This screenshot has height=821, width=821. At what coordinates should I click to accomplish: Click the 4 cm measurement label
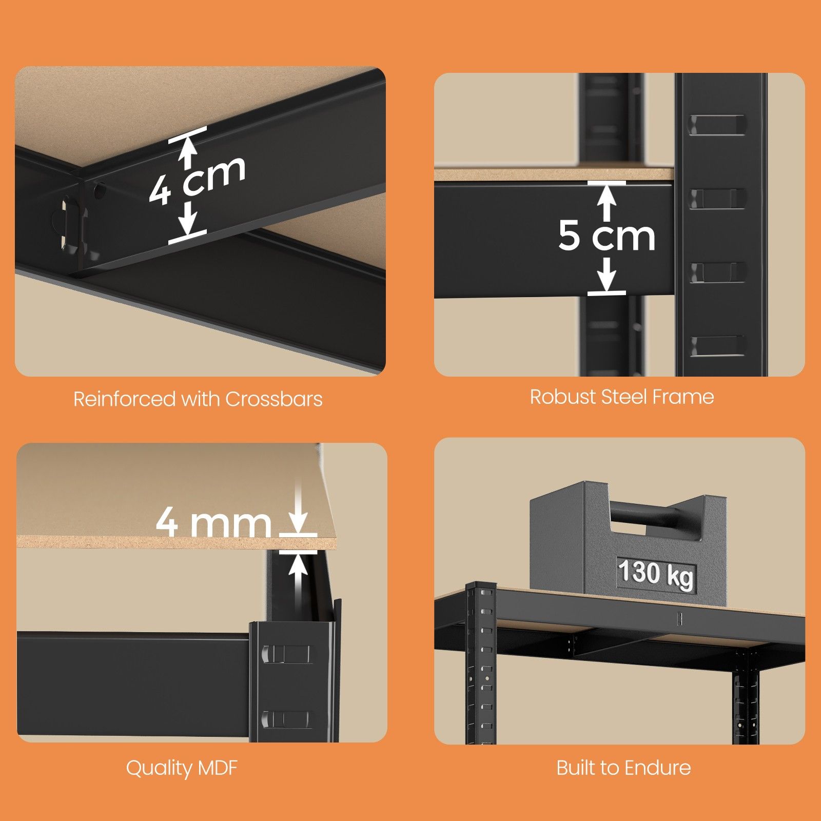point(198,180)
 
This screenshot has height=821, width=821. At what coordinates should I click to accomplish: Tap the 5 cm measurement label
point(607,236)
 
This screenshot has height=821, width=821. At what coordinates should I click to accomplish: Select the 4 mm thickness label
point(213,522)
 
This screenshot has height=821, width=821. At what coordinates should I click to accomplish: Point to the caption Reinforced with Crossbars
point(198,399)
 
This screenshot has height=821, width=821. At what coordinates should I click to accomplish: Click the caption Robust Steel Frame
point(622,397)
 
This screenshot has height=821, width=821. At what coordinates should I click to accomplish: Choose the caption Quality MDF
point(182,768)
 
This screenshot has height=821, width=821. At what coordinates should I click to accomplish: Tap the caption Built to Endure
point(623,768)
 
